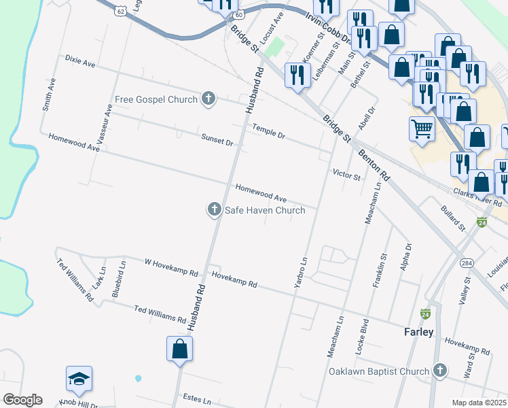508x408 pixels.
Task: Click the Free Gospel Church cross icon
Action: (x=208, y=99)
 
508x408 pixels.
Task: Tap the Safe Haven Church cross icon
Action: (x=215, y=210)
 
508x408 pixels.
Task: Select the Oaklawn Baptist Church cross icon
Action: (x=439, y=371)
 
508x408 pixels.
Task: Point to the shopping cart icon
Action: (x=422, y=129)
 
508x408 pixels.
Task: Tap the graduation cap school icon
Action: (x=79, y=379)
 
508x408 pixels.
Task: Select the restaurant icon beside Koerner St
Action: (x=297, y=74)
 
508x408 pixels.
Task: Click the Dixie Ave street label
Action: (x=80, y=62)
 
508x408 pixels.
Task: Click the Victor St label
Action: (x=346, y=175)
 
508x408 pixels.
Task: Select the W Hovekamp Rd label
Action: (x=171, y=267)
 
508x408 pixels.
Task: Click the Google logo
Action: (x=22, y=400)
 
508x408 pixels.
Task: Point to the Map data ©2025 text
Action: (x=478, y=403)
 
